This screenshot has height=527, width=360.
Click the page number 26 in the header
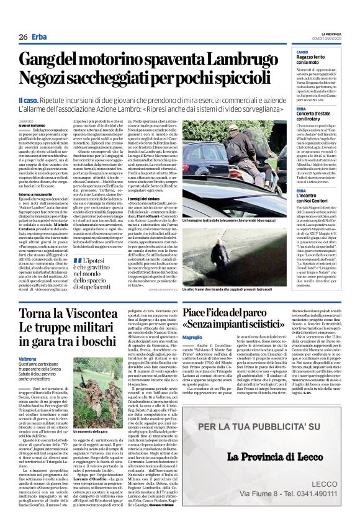[23, 37]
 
